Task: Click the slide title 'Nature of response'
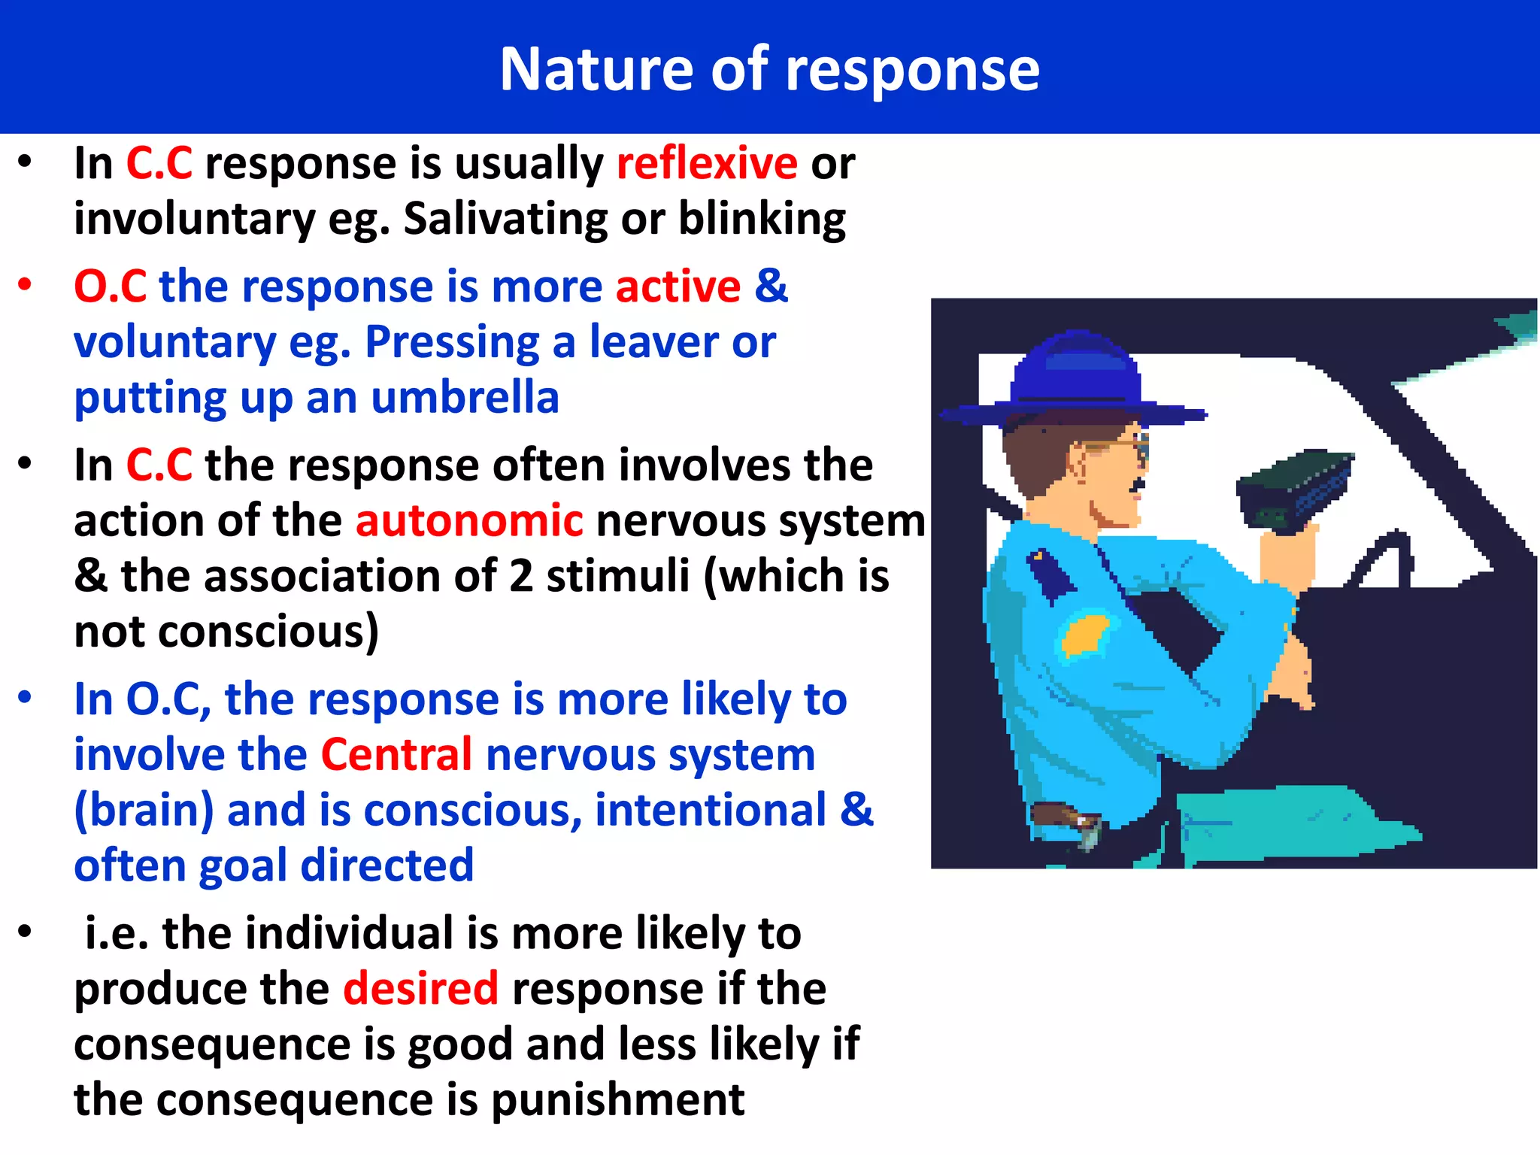tap(769, 69)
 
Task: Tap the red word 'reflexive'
tap(706, 163)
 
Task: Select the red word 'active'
tap(678, 286)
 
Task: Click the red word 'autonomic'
tap(468, 520)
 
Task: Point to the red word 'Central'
tap(396, 754)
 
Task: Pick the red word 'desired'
tap(420, 988)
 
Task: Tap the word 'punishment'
tap(617, 1099)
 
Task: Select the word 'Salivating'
tap(505, 219)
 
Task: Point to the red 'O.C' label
tap(110, 286)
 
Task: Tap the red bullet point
tap(26, 284)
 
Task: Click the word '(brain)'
tap(144, 810)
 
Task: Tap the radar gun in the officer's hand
tap(1294, 489)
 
